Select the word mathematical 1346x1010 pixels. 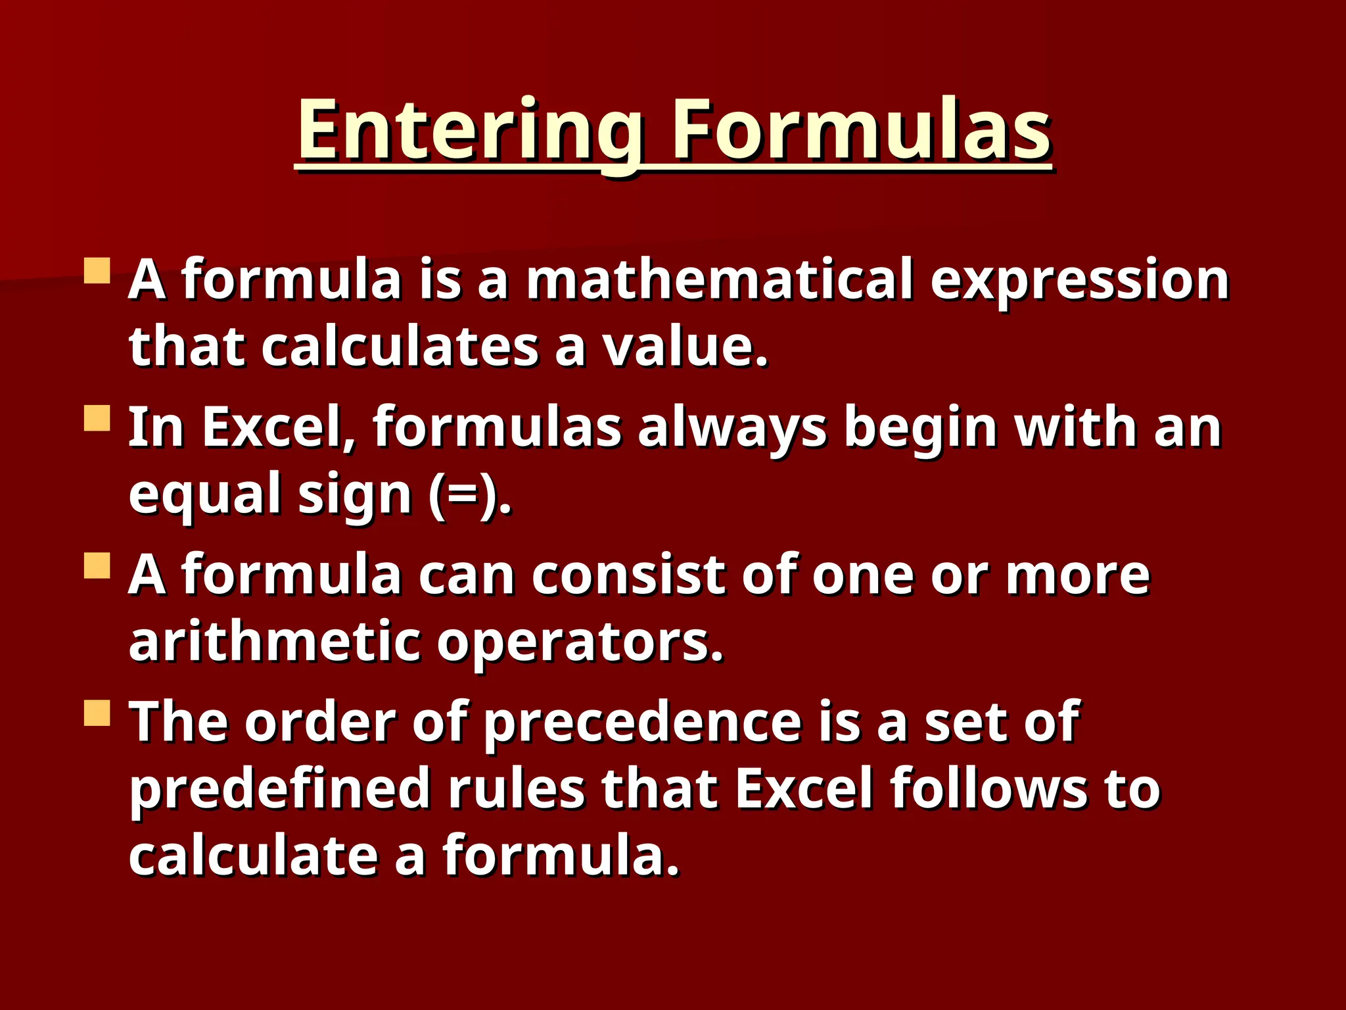tap(720, 280)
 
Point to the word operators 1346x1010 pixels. tap(579, 643)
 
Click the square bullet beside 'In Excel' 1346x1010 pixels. tap(97, 418)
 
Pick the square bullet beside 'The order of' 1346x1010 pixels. tap(97, 713)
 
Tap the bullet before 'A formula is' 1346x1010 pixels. tap(97, 270)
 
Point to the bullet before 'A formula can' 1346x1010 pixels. tap(97, 565)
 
